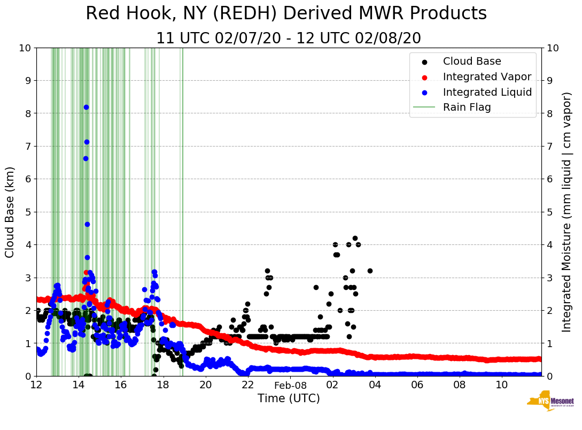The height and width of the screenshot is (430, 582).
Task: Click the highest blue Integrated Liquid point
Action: click(x=86, y=107)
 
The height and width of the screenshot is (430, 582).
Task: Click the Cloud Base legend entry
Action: click(x=472, y=62)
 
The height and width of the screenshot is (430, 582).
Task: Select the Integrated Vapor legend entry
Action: click(x=487, y=76)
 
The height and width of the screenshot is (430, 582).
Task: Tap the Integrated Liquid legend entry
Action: click(x=487, y=92)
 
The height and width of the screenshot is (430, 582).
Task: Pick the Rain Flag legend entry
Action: click(x=467, y=107)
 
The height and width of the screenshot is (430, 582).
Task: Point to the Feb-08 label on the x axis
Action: click(x=291, y=385)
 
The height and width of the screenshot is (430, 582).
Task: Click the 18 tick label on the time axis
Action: click(x=163, y=385)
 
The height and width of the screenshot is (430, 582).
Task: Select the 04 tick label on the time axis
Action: click(x=375, y=385)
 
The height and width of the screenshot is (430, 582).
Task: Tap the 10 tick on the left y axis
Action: click(x=25, y=48)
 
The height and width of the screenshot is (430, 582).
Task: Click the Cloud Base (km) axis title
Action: click(x=10, y=212)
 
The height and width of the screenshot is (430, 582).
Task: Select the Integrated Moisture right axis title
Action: click(x=567, y=212)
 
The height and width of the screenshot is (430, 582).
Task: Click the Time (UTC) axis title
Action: click(x=289, y=398)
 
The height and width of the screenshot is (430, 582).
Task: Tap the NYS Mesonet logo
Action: click(x=550, y=401)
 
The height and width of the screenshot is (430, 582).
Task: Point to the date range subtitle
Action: click(x=289, y=39)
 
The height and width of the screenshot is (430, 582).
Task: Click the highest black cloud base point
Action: click(x=355, y=239)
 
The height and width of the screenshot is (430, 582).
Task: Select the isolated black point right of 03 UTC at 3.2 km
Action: click(x=370, y=271)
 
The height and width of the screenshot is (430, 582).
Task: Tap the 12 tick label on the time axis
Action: click(x=36, y=385)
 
